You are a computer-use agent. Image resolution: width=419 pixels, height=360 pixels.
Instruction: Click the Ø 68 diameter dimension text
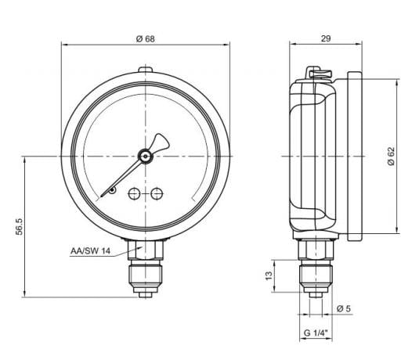click(145, 40)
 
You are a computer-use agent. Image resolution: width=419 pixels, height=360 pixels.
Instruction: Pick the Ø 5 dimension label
click(343, 308)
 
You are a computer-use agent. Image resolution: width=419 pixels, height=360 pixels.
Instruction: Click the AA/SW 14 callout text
click(90, 250)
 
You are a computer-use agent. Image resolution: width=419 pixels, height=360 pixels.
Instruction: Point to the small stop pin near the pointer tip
click(112, 190)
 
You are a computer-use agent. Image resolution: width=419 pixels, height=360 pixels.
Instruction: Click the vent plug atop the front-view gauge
click(145, 72)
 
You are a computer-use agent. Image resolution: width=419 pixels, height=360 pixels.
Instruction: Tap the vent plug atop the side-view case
click(318, 74)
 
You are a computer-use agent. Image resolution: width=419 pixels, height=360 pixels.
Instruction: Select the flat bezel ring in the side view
click(353, 155)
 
